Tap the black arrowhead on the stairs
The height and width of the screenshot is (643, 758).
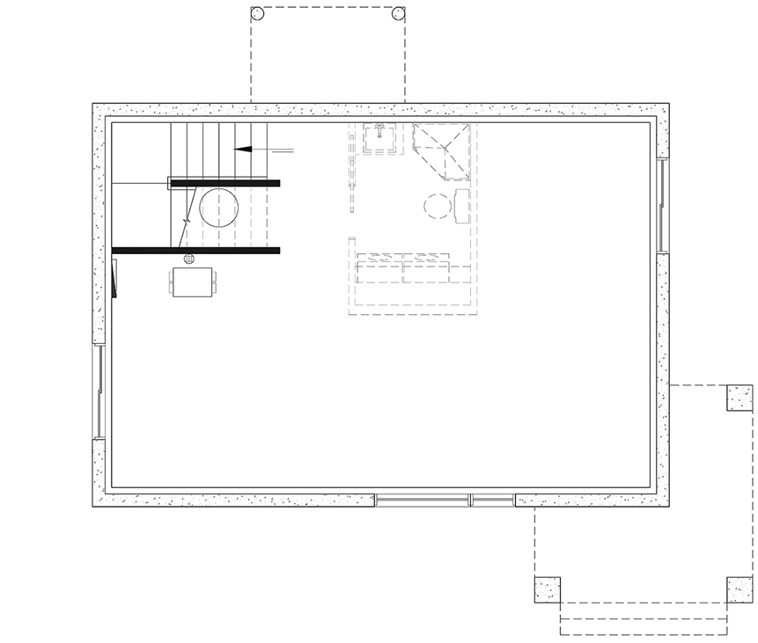[244, 150]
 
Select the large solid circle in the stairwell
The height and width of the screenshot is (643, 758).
[218, 208]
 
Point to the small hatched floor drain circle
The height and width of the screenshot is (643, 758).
[188, 259]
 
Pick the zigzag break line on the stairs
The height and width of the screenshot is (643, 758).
[186, 218]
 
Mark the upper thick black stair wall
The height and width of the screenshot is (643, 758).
[224, 183]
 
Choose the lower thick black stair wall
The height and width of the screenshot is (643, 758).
[195, 250]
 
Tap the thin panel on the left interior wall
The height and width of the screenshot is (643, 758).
[114, 279]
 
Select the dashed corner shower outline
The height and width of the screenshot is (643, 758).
[442, 150]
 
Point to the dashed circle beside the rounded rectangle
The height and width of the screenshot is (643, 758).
[437, 206]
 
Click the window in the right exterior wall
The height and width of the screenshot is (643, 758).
[662, 204]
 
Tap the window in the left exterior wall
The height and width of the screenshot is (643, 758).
[100, 391]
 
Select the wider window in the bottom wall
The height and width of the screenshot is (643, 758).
[422, 500]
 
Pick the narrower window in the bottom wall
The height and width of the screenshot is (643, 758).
[492, 500]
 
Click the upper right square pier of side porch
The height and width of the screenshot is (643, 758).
[739, 398]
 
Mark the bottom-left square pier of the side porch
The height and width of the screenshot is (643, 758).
[547, 589]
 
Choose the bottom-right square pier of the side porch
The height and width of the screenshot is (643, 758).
[739, 589]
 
